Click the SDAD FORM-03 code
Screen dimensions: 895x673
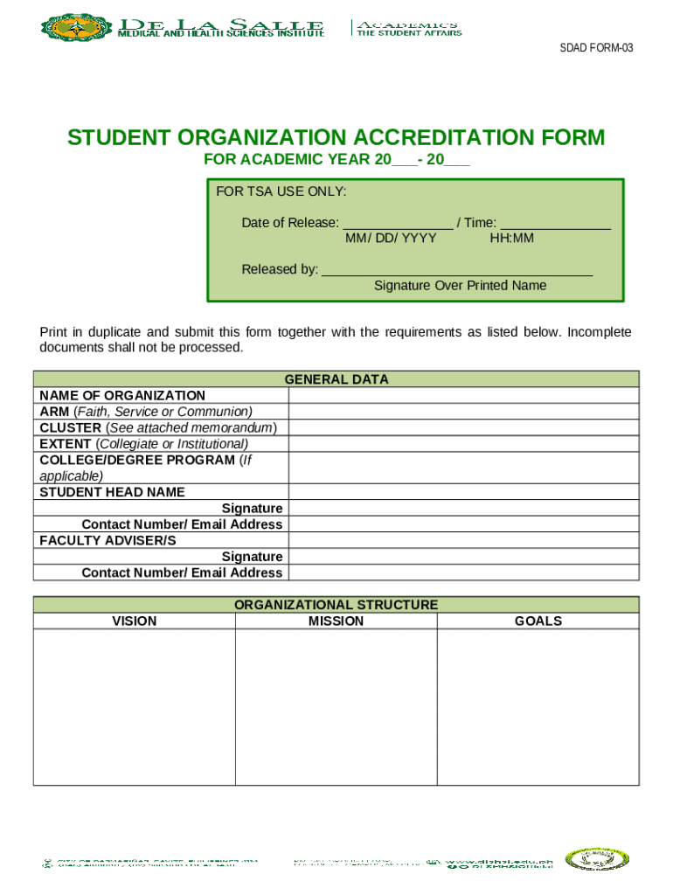pyautogui.click(x=596, y=48)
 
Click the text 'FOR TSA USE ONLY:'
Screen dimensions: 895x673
pyautogui.click(x=281, y=191)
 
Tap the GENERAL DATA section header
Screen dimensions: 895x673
pyautogui.click(x=336, y=379)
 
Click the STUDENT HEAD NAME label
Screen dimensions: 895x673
pyautogui.click(x=113, y=492)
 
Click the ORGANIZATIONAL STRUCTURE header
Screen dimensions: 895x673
pyautogui.click(x=336, y=605)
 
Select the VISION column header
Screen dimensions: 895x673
pyautogui.click(x=135, y=621)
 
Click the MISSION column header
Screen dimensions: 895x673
pyautogui.click(x=336, y=621)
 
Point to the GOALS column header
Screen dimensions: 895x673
pyautogui.click(x=538, y=621)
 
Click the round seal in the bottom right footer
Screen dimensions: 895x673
pyautogui.click(x=596, y=860)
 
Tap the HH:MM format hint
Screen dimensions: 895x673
pyautogui.click(x=511, y=239)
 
